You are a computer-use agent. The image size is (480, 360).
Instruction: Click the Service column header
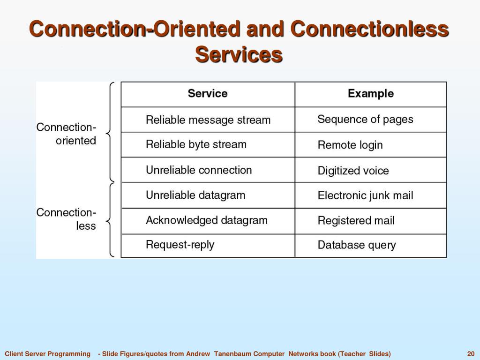208,94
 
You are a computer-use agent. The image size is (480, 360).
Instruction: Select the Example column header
370,94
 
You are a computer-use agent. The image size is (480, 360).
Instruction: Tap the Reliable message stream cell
208,120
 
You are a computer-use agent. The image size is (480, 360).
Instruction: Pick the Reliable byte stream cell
196,144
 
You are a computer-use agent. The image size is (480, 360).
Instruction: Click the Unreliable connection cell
199,170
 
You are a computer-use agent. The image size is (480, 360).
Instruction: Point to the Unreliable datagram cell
195,195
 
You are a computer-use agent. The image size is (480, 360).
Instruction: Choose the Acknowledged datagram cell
207,220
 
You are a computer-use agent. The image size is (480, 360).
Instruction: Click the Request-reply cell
180,245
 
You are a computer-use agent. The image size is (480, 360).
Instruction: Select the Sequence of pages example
365,120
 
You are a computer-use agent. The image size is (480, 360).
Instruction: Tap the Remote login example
350,145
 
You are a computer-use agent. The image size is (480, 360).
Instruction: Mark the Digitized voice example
353,171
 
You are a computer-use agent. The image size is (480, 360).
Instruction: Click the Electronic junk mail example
365,195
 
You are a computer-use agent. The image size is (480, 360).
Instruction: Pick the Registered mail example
356,221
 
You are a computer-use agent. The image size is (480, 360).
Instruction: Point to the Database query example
357,245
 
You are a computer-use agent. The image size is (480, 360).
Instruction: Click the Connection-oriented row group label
67,134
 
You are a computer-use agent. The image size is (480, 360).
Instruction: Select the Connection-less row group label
67,219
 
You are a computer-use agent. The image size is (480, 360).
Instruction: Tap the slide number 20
471,354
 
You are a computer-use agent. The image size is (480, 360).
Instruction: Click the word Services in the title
239,54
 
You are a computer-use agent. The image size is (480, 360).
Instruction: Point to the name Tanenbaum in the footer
232,354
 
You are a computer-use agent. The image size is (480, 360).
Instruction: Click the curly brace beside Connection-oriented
110,133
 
